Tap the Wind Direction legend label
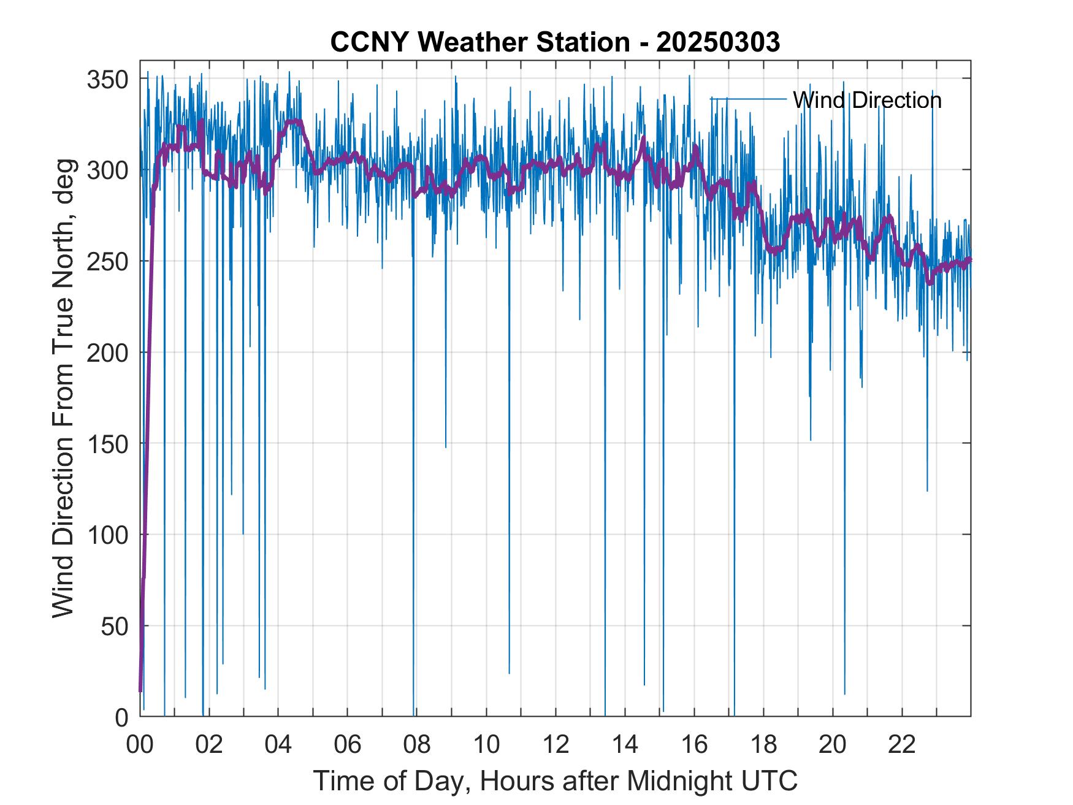coord(866,100)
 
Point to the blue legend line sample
coord(748,99)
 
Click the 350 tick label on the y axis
coord(108,80)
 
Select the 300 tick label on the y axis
coord(108,170)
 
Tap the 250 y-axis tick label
coord(108,262)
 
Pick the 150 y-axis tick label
coord(108,444)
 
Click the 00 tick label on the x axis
coord(140,746)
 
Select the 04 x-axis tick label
coord(278,746)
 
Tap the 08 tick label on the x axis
coord(417,746)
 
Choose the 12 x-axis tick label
coord(556,746)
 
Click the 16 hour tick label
coord(694,746)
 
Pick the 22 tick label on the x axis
coord(902,746)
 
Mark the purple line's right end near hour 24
coord(969,260)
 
